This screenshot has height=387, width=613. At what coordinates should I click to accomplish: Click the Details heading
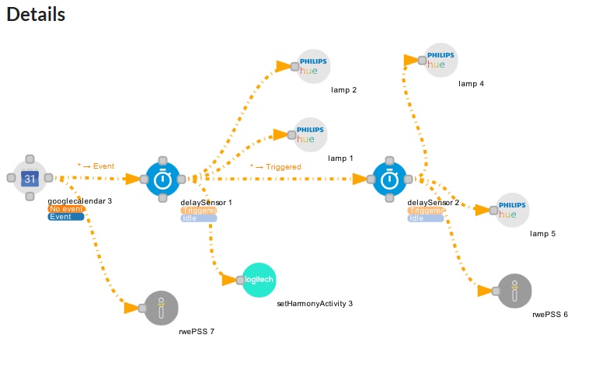pos(36,14)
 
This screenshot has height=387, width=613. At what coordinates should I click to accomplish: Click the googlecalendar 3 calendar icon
pos(30,179)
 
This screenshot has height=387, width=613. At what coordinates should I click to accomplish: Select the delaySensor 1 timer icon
pos(162,180)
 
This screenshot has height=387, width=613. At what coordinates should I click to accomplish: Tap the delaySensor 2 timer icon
pos(389,180)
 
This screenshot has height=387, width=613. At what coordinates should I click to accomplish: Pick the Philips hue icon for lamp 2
pos(314,66)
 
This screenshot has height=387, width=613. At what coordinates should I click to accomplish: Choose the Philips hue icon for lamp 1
pos(311,134)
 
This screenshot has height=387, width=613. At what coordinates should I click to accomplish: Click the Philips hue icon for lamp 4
pos(441,60)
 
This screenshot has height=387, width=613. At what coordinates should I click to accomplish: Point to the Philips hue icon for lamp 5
pos(513,210)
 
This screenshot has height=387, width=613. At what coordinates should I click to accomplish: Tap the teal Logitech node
pos(259,280)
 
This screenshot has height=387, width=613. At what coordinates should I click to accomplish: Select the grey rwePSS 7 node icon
pos(161,308)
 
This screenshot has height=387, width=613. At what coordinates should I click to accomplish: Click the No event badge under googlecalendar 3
pos(65,209)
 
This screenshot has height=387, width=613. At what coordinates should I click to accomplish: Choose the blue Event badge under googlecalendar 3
pos(65,217)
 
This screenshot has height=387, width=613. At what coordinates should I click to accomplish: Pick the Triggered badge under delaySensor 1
pos(199,211)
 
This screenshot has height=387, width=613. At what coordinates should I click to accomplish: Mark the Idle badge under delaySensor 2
pos(426,218)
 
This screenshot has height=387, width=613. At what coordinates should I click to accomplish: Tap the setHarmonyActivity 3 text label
pos(315,303)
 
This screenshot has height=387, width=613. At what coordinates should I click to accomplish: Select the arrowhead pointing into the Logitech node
pos(229,280)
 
